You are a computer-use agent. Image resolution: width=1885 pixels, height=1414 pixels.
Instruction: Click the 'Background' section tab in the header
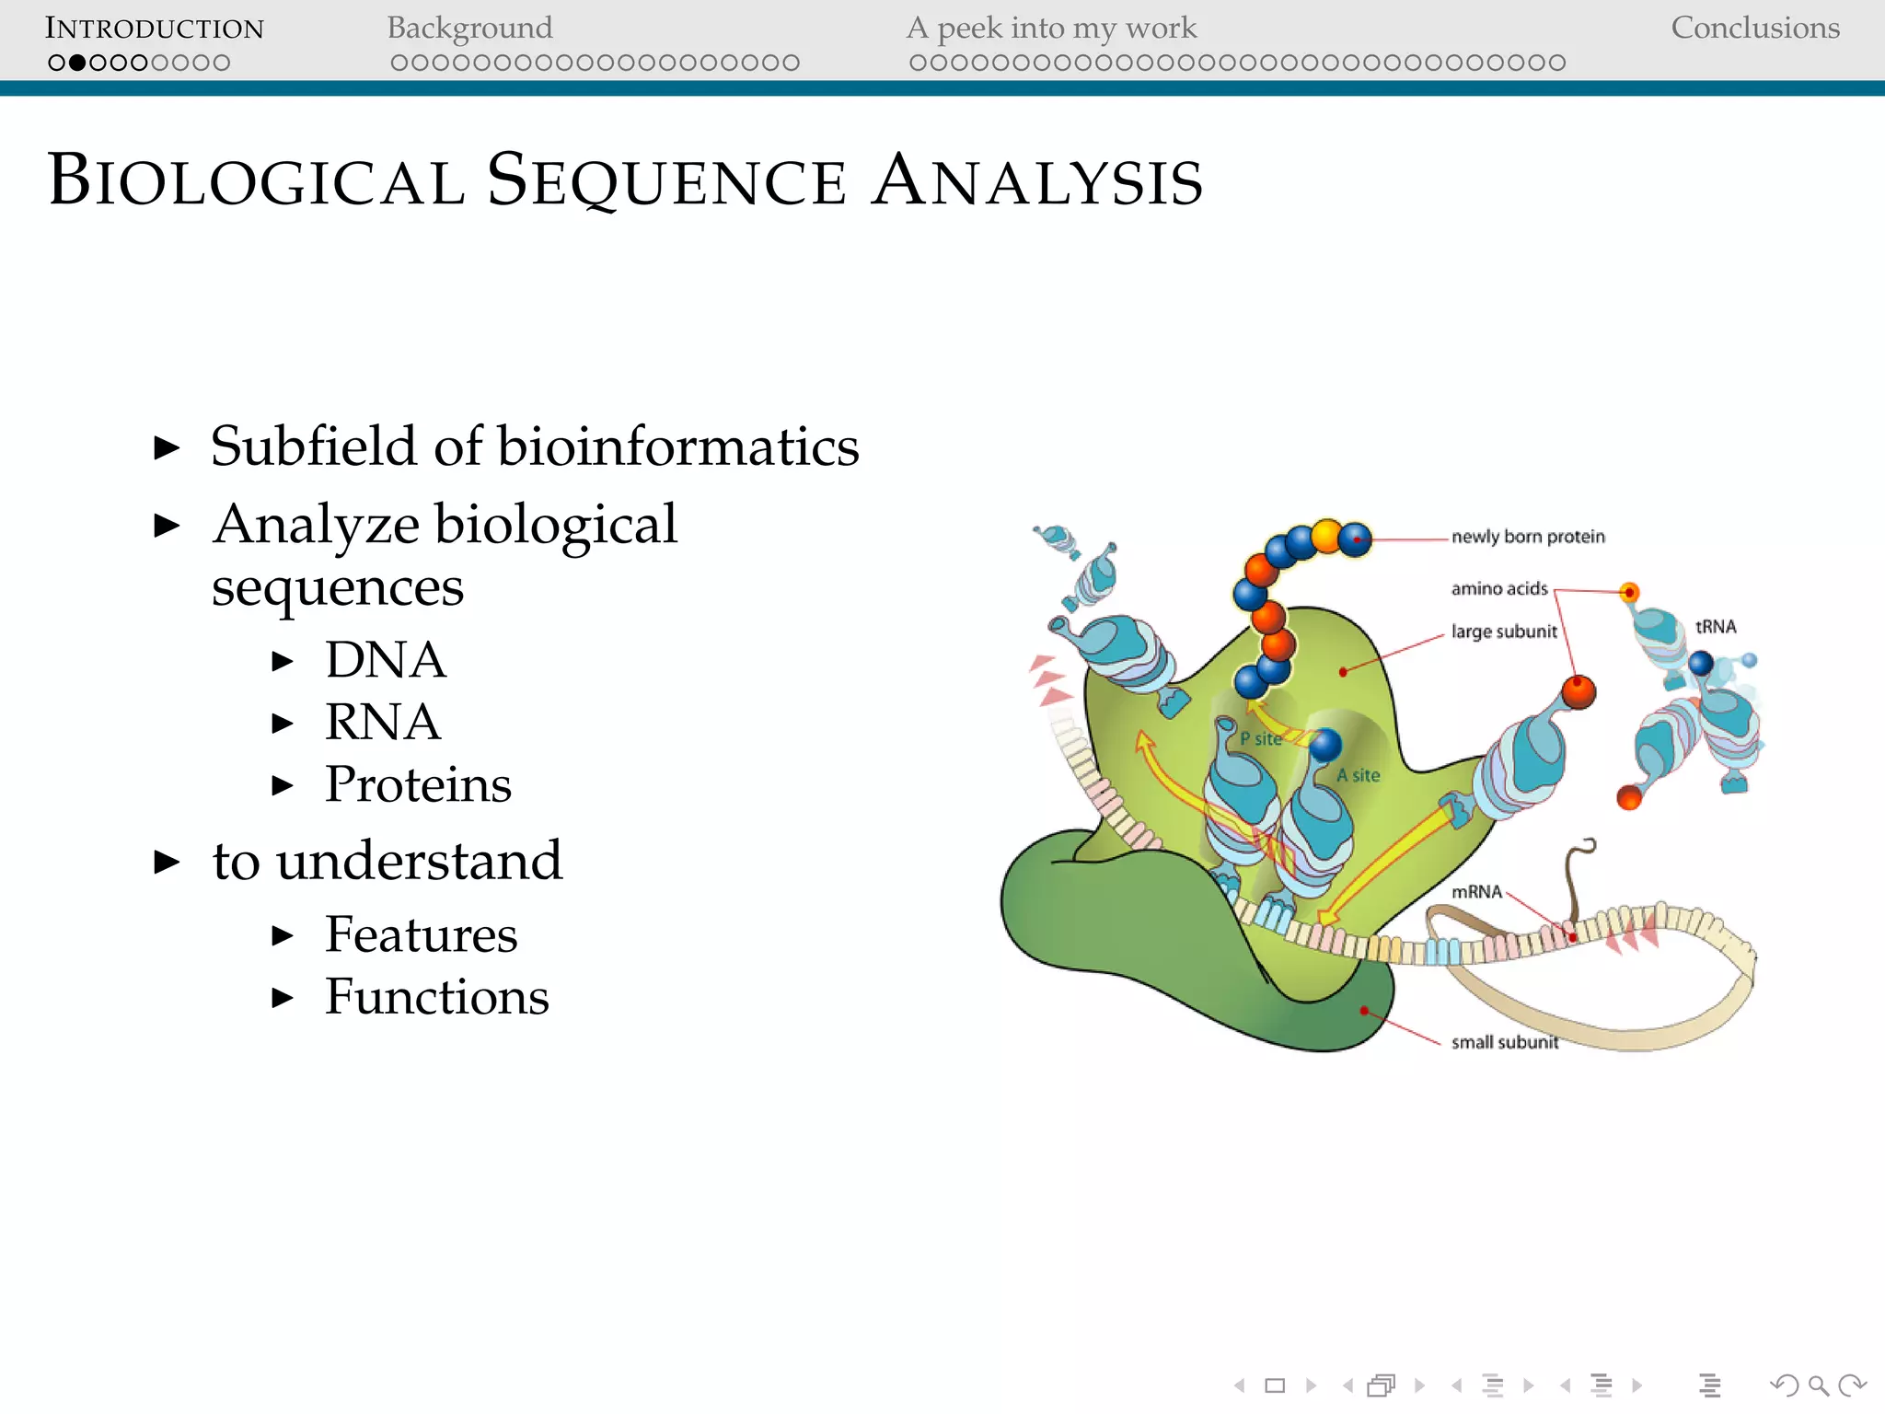(469, 29)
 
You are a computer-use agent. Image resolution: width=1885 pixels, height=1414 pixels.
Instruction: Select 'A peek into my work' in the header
(1051, 29)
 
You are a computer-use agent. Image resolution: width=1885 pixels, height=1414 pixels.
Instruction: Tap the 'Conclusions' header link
(1754, 29)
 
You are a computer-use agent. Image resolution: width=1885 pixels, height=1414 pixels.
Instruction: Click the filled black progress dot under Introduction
(77, 63)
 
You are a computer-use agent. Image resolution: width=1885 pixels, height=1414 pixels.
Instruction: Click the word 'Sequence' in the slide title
(666, 181)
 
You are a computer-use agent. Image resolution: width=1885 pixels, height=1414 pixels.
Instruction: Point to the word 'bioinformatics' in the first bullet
(678, 447)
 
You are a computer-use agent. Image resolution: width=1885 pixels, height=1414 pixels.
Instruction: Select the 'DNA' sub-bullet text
(386, 660)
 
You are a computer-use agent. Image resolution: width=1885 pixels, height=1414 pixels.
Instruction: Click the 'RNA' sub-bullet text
(383, 722)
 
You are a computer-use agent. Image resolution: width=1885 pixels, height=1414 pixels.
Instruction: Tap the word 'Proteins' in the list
(418, 784)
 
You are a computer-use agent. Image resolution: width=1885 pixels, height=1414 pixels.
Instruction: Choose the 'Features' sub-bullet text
(421, 935)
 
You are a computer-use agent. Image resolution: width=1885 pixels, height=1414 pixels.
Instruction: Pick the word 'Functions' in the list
(437, 997)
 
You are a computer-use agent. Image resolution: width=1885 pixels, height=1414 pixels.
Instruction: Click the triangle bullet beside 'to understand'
(167, 863)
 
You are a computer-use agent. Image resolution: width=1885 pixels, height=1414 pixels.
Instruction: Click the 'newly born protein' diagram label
(1528, 537)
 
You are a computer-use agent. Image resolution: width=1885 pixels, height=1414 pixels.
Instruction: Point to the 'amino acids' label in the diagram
(1499, 588)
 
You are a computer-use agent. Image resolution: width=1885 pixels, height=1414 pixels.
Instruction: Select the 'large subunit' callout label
(1504, 632)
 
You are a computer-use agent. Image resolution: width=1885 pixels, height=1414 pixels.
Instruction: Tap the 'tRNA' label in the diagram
(1716, 627)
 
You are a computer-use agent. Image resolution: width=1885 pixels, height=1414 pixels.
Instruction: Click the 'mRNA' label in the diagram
(1476, 891)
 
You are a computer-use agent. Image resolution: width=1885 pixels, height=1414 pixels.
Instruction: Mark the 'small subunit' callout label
(1505, 1042)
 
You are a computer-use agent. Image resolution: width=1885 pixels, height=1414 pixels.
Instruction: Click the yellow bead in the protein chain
(1326, 535)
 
